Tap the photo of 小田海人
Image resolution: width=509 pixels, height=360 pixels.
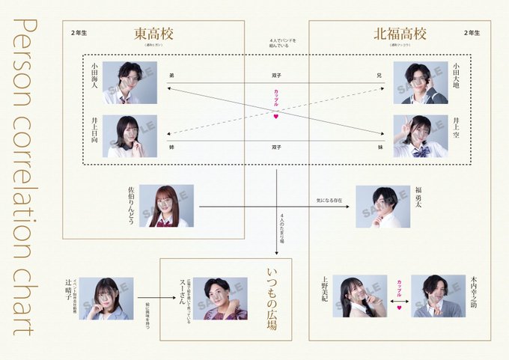[129, 82]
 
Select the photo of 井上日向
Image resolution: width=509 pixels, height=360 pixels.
[129, 136]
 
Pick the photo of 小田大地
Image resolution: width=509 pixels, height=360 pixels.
[421, 82]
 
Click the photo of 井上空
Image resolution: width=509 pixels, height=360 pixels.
[421, 136]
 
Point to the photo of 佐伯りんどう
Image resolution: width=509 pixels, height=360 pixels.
[166, 206]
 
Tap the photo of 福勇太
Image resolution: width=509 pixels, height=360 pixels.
[382, 206]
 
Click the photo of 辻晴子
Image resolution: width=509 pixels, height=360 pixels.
[106, 299]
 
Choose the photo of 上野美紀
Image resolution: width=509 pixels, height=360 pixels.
[360, 296]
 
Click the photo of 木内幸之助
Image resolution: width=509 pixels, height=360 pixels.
[438, 296]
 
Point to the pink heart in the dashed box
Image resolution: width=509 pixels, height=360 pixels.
[275, 117]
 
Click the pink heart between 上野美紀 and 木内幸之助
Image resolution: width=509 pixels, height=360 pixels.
[399, 307]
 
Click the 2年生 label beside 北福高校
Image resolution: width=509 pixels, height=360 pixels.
[471, 34]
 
